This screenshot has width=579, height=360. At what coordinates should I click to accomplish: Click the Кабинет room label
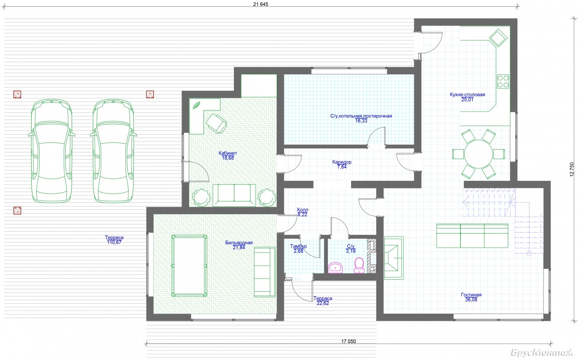228,153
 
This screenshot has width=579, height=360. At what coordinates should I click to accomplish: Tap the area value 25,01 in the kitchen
467,100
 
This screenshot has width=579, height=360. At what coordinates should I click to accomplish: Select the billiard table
189,266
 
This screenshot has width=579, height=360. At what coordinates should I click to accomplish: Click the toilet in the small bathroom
359,265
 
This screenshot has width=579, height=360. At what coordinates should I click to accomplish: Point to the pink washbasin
335,268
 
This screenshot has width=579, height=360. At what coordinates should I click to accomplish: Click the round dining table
479,154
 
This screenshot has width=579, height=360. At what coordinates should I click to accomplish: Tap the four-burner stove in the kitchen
503,81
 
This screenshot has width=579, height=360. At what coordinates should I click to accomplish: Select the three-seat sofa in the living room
472,236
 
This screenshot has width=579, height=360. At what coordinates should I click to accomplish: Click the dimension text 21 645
261,4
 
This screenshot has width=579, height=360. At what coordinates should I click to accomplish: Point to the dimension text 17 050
348,341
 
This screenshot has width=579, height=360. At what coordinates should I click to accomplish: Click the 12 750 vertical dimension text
572,169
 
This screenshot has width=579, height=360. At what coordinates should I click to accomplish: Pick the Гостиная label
471,295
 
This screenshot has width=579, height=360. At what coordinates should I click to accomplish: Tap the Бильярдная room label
239,243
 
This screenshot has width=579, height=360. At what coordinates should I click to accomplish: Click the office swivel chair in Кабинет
216,123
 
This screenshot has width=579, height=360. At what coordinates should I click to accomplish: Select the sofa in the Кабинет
234,195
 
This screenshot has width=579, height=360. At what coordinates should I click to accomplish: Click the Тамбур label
298,246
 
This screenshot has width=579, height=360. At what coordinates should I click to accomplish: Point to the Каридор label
342,162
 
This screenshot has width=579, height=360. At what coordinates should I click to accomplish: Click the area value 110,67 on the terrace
114,242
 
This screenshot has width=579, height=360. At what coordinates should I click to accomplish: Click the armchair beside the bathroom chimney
394,258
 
